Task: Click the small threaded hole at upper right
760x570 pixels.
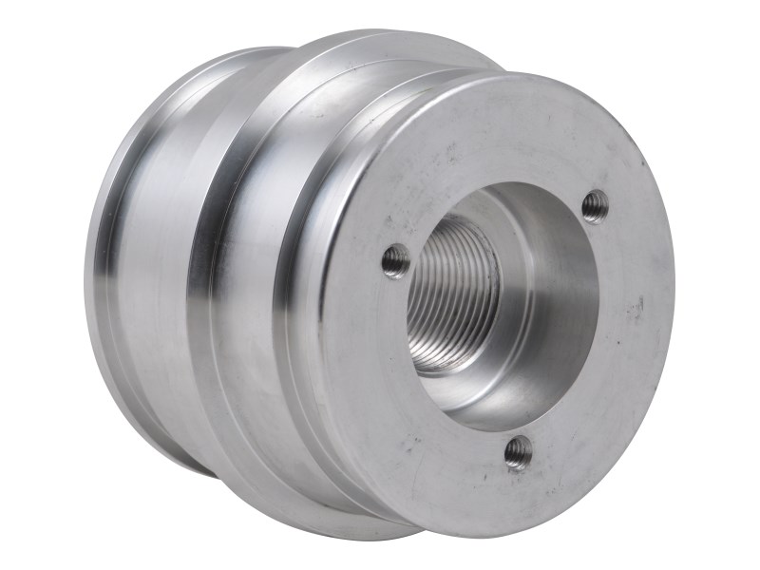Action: pyautogui.click(x=595, y=204)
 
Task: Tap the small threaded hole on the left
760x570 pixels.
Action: pyautogui.click(x=396, y=260)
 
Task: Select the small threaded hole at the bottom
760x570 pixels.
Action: pyautogui.click(x=518, y=451)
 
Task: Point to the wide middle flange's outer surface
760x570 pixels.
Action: pyautogui.click(x=237, y=285)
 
